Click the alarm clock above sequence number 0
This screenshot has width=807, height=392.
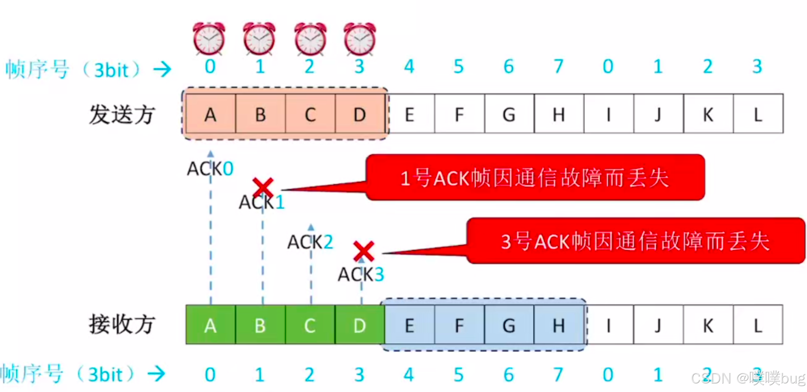click(209, 39)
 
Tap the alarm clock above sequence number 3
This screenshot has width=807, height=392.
click(360, 39)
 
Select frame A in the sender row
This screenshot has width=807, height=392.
click(210, 114)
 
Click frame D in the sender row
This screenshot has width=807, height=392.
click(360, 114)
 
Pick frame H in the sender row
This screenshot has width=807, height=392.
click(559, 114)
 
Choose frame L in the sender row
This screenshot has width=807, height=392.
click(758, 114)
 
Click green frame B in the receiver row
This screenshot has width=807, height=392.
click(260, 325)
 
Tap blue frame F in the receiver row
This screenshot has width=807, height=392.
click(459, 325)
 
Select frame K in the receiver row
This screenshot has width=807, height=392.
click(708, 325)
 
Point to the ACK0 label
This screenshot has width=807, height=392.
click(210, 169)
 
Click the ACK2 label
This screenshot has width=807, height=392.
click(310, 242)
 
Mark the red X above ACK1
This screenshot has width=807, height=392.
click(263, 187)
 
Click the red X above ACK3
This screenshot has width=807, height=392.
click(364, 251)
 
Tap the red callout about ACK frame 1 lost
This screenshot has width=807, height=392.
click(535, 178)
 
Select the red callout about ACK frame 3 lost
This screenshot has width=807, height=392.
click(635, 241)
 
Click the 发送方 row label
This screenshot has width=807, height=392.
click(122, 114)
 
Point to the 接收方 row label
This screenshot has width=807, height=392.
click(122, 325)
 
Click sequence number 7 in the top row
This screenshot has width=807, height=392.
click(559, 67)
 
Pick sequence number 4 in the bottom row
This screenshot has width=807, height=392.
click(409, 375)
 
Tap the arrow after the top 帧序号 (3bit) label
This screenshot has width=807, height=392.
click(162, 69)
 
